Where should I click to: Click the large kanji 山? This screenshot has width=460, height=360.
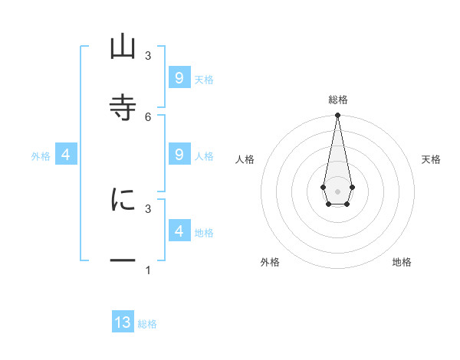[123, 47]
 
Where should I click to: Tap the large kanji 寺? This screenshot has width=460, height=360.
[123, 107]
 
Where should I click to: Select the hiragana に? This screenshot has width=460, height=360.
[123, 200]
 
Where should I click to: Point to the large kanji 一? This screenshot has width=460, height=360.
[123, 261]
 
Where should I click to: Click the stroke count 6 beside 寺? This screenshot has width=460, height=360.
[148, 116]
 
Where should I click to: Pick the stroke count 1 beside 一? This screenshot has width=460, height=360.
[148, 270]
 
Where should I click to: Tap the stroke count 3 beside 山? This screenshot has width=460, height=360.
[148, 56]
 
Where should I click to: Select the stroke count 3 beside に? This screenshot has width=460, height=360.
[148, 208]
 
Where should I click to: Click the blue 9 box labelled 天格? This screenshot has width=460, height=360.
[179, 78]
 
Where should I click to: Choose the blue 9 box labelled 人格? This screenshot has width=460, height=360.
[179, 155]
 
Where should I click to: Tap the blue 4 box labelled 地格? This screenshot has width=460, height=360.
[179, 231]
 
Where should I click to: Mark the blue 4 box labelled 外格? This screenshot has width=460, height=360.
[66, 155]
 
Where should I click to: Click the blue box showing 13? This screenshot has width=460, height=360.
[123, 322]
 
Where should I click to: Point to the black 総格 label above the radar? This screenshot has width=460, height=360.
[338, 100]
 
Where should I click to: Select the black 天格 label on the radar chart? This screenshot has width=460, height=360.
[431, 159]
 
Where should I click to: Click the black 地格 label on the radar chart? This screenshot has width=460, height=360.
[402, 262]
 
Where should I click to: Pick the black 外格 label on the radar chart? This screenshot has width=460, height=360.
[270, 262]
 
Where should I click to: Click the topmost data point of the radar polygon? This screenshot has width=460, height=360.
[337, 116]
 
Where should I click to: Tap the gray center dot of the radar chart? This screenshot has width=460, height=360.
[337, 191]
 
